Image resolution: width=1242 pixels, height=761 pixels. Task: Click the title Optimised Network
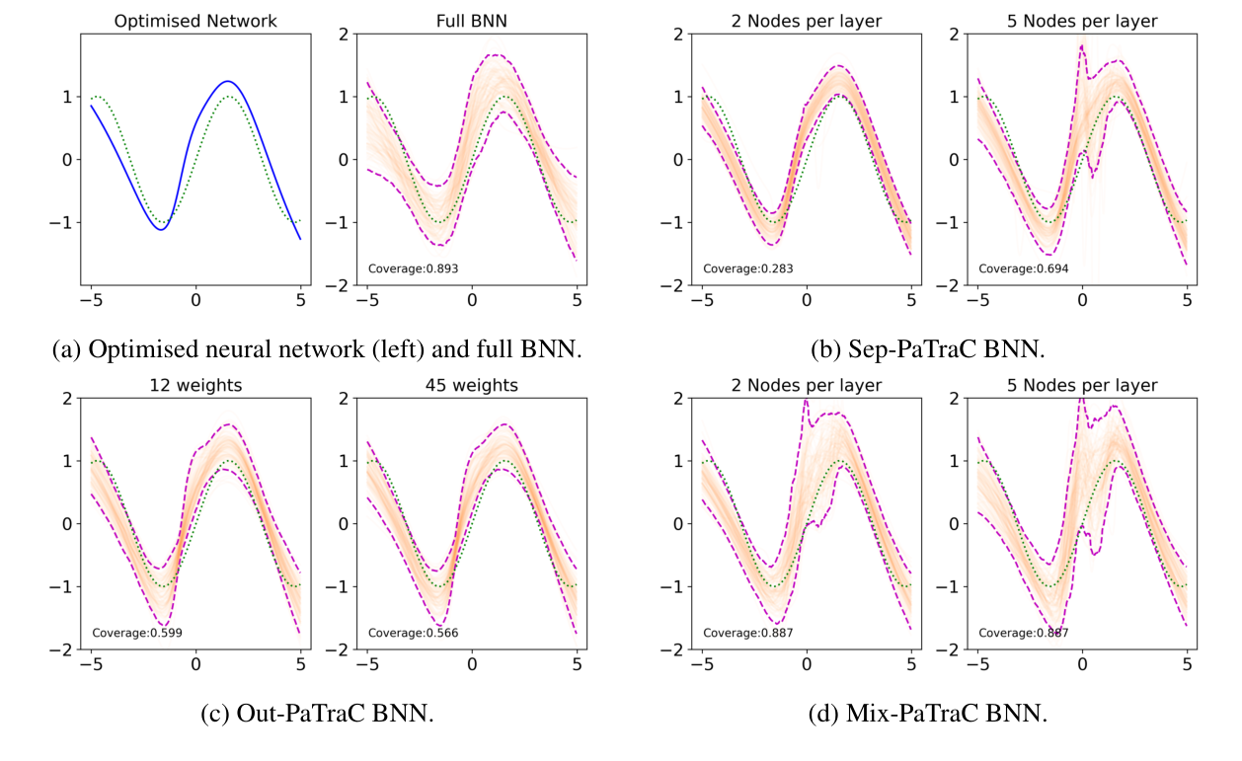[x=195, y=20]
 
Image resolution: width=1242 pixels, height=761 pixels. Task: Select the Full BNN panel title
[x=471, y=20]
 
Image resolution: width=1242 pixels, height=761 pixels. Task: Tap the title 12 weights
[x=195, y=385]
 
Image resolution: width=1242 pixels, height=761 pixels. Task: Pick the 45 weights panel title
[x=471, y=385]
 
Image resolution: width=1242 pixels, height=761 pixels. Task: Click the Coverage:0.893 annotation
[x=413, y=267]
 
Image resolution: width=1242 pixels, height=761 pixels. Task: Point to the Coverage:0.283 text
[x=748, y=267]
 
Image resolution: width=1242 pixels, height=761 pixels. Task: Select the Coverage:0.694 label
[x=1024, y=267]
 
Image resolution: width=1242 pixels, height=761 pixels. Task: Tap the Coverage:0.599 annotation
[x=137, y=633]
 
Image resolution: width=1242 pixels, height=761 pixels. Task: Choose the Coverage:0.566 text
[x=413, y=633]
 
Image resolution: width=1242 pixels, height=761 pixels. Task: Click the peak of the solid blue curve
[x=227, y=81]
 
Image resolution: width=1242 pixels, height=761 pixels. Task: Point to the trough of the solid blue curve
[x=161, y=229]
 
